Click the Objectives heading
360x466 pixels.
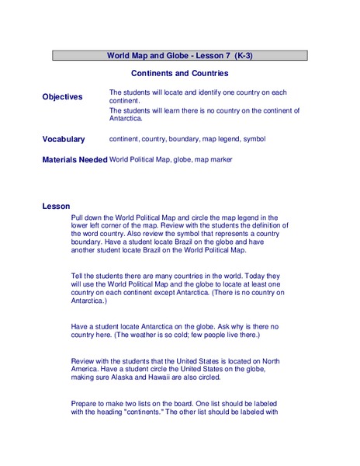click(62, 96)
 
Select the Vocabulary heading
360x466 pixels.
click(64, 139)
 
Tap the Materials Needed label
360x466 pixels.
click(74, 159)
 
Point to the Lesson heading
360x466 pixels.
click(56, 206)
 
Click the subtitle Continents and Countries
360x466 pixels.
click(179, 73)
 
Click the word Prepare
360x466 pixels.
click(85, 404)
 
